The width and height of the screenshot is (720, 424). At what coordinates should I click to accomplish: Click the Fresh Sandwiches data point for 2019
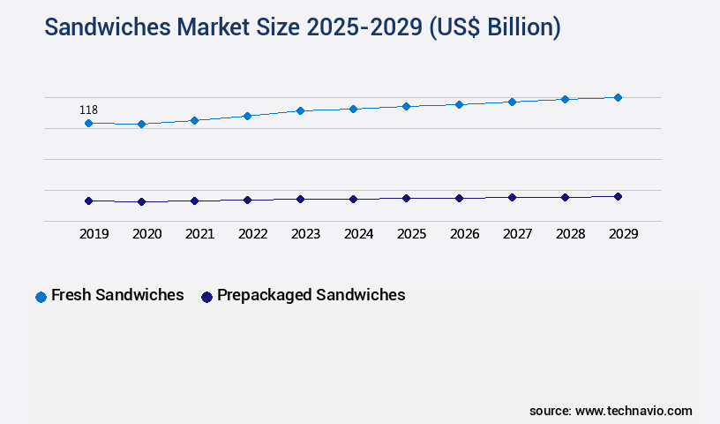[88, 123]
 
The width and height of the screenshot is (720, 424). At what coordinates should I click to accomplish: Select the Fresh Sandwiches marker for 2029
[618, 97]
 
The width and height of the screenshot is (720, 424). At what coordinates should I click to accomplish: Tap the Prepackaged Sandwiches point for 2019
[88, 201]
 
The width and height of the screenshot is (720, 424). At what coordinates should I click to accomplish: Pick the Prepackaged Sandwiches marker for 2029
[618, 196]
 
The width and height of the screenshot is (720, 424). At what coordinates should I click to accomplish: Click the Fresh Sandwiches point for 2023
[300, 110]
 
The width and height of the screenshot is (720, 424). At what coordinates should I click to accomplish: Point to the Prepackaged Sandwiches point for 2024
[353, 199]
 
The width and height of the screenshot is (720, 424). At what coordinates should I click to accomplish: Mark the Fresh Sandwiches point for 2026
[459, 104]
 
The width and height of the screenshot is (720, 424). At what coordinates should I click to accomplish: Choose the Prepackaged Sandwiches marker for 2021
[194, 201]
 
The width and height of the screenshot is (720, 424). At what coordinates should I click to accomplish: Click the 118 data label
[88, 110]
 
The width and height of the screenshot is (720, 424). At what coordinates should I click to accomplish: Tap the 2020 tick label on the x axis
[146, 234]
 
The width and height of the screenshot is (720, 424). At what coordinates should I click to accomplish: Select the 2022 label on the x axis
[252, 234]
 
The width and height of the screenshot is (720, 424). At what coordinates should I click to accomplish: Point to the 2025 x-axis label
[411, 234]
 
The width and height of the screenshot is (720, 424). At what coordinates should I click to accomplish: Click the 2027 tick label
[517, 234]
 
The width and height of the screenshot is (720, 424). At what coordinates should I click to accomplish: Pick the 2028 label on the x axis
[570, 234]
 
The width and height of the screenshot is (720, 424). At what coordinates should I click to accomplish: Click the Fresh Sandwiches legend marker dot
[41, 297]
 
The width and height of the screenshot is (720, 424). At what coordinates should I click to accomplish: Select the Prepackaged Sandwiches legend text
[311, 295]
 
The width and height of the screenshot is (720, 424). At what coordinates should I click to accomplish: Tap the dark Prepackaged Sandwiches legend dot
[206, 297]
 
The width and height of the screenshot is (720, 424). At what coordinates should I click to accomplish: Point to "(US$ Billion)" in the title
[494, 27]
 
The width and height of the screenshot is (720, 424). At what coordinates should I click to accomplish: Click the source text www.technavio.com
[634, 411]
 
